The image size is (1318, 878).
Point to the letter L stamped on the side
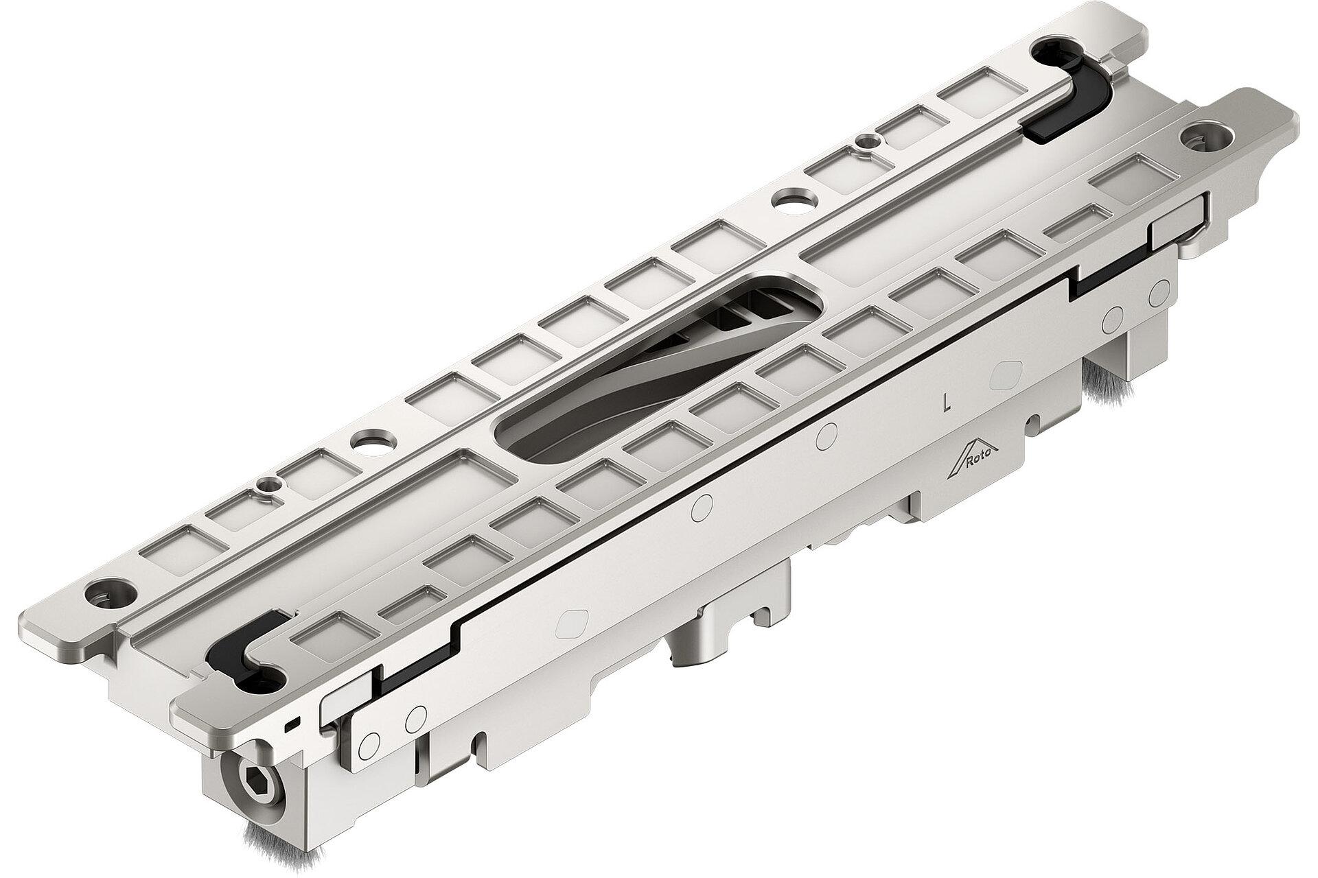tap(947, 402)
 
